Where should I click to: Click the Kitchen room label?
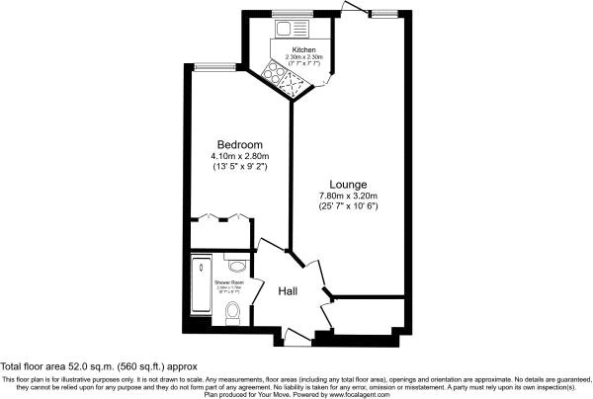[303, 47]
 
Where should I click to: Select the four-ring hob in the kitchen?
[276, 72]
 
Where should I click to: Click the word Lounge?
[349, 185]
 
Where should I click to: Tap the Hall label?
[287, 291]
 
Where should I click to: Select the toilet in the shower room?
[233, 314]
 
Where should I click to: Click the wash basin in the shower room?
[235, 264]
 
